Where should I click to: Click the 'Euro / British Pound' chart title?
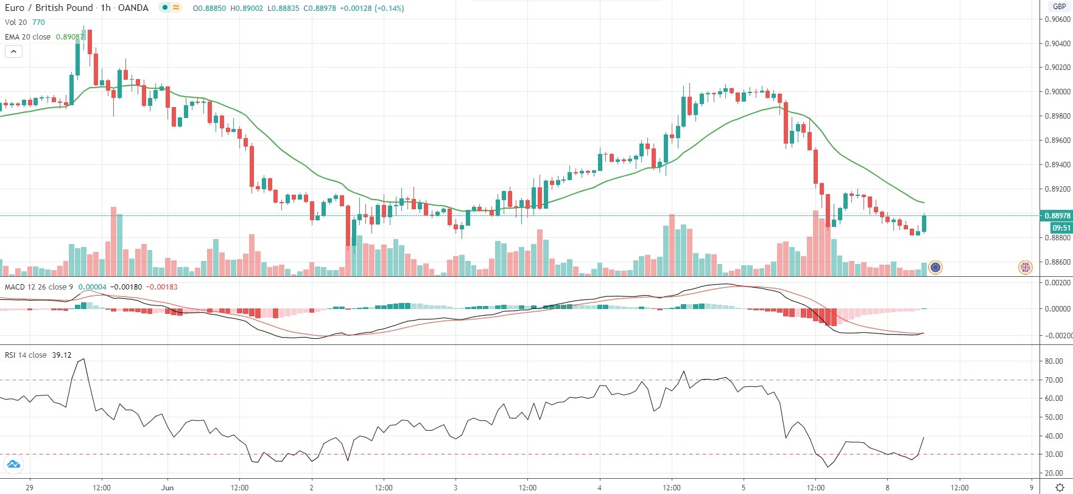49,8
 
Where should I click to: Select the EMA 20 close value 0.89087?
69,37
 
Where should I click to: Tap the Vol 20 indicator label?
16,22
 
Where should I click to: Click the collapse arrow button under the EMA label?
13,52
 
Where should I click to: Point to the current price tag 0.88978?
1057,215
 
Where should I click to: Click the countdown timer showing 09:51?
1061,228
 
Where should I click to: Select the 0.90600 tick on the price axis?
1057,19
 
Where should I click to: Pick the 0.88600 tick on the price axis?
1057,262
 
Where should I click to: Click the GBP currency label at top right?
1060,7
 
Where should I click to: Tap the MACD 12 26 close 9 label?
39,287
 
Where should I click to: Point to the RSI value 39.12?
62,355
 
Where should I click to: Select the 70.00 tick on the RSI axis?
1054,380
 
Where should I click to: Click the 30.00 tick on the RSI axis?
1054,454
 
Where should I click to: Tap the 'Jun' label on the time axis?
167,487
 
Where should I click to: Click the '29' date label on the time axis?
30,487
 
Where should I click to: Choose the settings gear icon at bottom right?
1059,487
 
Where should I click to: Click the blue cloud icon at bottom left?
13,465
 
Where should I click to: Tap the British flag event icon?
1026,266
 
